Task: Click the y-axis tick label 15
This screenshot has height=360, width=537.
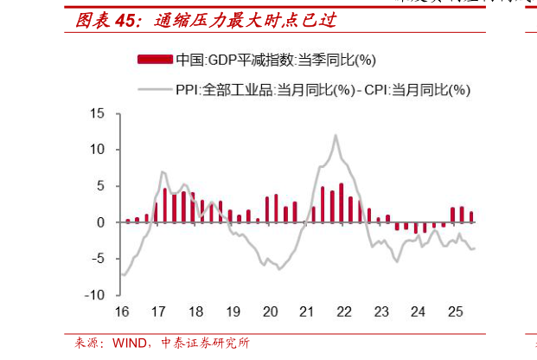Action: (97, 113)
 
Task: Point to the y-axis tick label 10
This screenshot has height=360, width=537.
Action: (97, 150)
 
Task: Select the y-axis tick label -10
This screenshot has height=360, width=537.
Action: (95, 294)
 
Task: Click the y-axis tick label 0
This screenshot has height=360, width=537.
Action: (100, 222)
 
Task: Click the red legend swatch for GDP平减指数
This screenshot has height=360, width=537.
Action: (154, 60)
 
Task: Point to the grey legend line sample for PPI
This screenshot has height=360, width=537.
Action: (154, 88)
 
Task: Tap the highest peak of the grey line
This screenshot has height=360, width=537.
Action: (336, 135)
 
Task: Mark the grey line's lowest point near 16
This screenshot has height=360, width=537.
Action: (125, 275)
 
